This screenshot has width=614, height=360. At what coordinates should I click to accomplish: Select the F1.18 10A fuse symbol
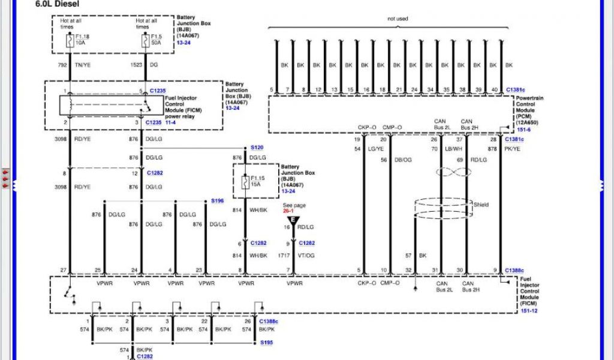(69, 41)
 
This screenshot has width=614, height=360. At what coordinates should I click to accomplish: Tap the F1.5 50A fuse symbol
(145, 41)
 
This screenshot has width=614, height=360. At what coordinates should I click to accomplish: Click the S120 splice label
(257, 147)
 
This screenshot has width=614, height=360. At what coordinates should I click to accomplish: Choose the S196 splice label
(217, 201)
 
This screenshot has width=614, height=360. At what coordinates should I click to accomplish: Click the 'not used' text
(398, 19)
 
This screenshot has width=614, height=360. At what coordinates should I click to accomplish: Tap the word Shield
(481, 205)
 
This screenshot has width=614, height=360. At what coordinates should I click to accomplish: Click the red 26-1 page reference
(288, 211)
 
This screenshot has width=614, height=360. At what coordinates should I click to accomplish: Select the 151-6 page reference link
(523, 129)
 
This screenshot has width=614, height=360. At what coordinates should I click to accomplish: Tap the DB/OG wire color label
(403, 160)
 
